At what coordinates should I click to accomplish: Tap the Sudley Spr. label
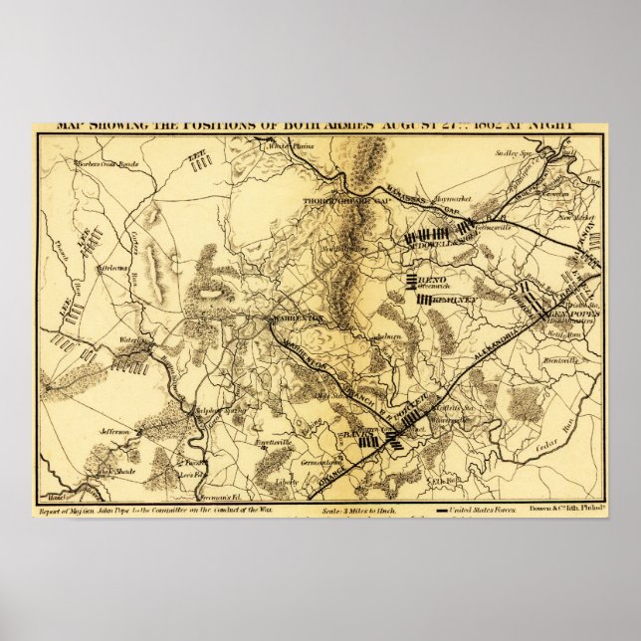[514, 152]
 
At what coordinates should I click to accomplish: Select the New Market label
[575, 214]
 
